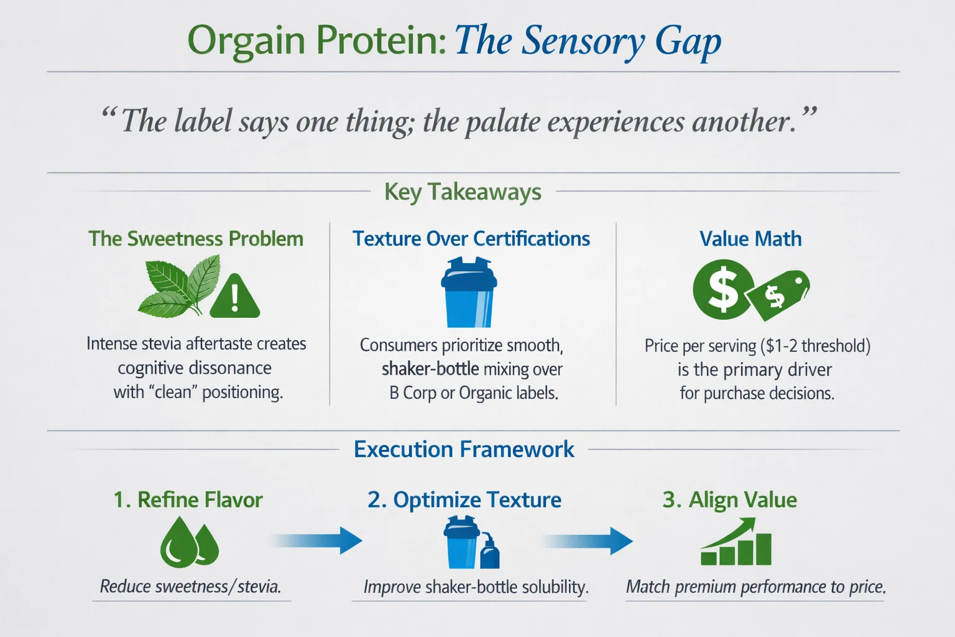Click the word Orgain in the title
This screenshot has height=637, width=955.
(246, 41)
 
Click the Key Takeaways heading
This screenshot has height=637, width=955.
(463, 192)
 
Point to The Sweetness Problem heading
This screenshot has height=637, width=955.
(196, 239)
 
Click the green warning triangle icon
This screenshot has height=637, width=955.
(234, 297)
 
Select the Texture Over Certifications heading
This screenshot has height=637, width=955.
(471, 239)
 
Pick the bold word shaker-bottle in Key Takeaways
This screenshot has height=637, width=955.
(430, 370)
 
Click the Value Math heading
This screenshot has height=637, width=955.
(750, 239)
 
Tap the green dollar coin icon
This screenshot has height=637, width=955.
(724, 290)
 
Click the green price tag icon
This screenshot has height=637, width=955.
(778, 294)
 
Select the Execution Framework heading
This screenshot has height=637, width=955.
(464, 449)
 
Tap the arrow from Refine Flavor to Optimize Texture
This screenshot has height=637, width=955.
(317, 540)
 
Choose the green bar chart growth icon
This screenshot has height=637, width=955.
(736, 543)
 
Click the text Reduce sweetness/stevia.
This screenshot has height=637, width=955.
(190, 587)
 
